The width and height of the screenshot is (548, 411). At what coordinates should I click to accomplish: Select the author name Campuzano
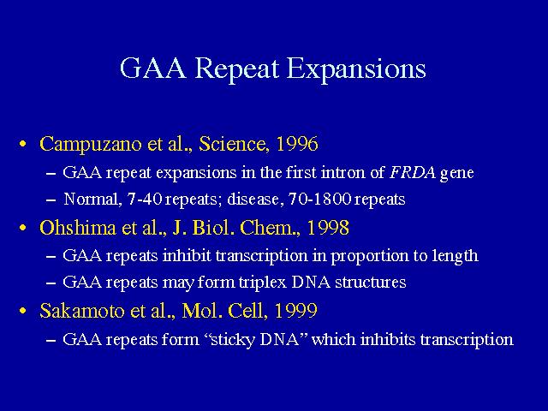click(90, 145)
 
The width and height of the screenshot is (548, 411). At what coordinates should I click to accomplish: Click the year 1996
click(297, 144)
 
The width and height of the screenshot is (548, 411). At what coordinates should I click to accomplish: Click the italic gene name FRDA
click(413, 172)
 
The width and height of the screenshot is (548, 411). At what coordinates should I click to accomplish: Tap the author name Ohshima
click(78, 228)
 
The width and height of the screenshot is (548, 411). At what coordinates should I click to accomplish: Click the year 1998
click(328, 228)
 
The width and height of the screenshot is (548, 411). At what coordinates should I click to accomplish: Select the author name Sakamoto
click(82, 311)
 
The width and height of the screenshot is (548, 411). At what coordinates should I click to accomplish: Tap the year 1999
click(295, 311)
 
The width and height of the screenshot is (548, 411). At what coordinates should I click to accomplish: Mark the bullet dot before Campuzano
click(23, 145)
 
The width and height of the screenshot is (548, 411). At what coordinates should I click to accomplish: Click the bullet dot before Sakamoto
click(23, 311)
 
